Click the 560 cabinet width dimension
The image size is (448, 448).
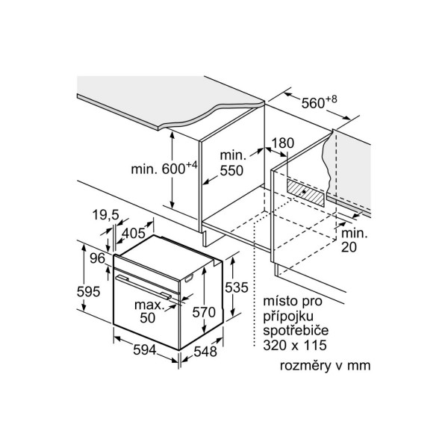(x=319, y=102)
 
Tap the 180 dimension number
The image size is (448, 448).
(x=282, y=143)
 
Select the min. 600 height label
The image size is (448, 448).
(x=164, y=168)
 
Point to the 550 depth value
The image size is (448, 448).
(x=231, y=170)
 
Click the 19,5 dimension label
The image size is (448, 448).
(x=105, y=215)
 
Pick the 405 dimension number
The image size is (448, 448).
(x=134, y=234)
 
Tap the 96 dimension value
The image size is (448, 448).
(x=97, y=258)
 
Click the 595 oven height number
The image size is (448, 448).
(x=89, y=292)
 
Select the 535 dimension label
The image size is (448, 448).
(x=236, y=287)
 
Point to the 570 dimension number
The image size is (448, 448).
(x=204, y=312)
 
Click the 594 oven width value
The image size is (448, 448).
(x=145, y=350)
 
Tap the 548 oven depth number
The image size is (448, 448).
(x=205, y=352)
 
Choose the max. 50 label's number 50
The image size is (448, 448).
(x=147, y=318)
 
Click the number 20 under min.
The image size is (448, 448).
(x=349, y=247)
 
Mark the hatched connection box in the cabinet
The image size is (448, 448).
(x=305, y=193)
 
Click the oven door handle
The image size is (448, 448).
(x=143, y=287)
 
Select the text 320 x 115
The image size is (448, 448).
(x=295, y=345)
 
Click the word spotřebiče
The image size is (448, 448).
(x=296, y=331)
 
